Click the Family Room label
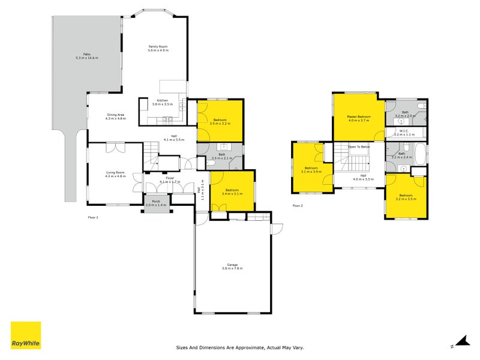[x=158, y=48]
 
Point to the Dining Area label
[x=115, y=116]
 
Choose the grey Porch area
[x=156, y=203]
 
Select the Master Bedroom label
[x=359, y=118]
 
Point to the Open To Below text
[x=359, y=146]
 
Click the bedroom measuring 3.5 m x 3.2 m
[x=220, y=122]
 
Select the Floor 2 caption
[x=298, y=206]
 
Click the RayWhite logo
[x=26, y=335]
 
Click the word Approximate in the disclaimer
[x=244, y=347]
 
